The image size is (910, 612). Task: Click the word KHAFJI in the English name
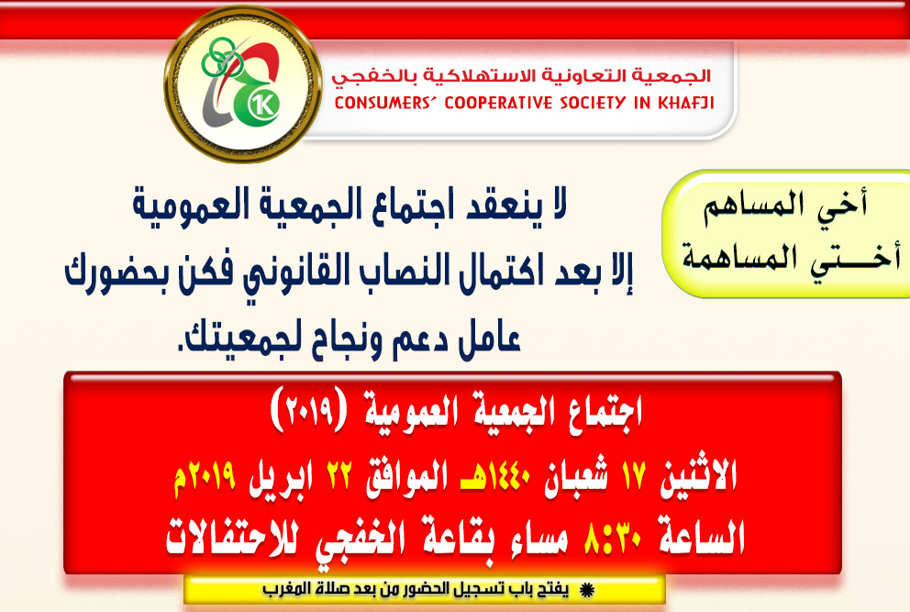[x=685, y=103]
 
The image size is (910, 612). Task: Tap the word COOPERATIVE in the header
[x=498, y=103]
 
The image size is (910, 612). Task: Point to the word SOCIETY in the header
[x=593, y=103]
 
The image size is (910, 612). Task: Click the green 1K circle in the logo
[x=263, y=105]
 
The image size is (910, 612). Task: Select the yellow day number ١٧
[x=634, y=476]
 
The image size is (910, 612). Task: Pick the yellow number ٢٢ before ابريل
[x=338, y=476]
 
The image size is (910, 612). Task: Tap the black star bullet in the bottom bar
[x=587, y=591]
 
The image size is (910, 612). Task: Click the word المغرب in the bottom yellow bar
[x=283, y=589]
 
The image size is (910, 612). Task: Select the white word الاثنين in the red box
[x=698, y=476]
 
